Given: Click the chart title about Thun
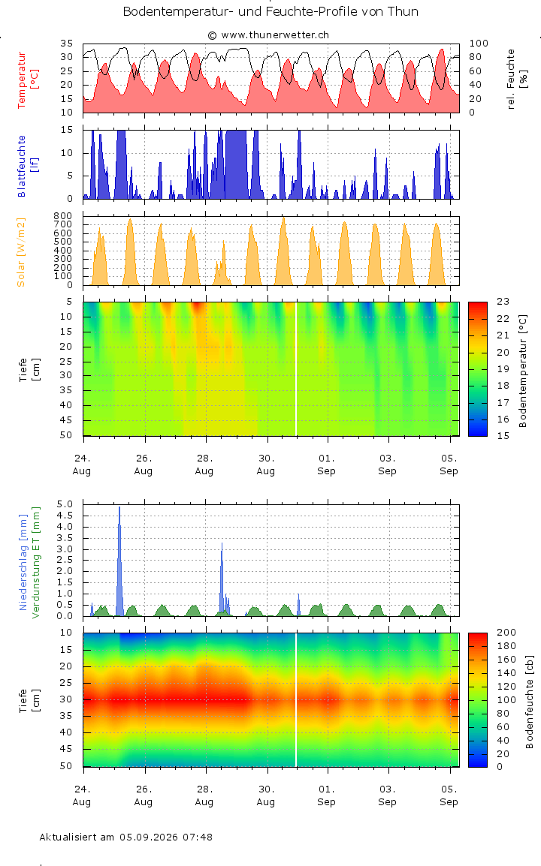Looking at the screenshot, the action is pyautogui.click(x=270, y=11).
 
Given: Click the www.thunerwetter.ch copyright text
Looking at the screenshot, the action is pyautogui.click(x=268, y=35).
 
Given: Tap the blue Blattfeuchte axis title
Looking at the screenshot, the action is pyautogui.click(x=28, y=166).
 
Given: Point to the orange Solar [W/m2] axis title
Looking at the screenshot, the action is pyautogui.click(x=21, y=252).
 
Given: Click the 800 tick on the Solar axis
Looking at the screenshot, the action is pyautogui.click(x=63, y=216).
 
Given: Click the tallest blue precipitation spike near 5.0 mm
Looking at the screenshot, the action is pyautogui.click(x=119, y=561).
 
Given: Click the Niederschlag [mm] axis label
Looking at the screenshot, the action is pyautogui.click(x=23, y=562).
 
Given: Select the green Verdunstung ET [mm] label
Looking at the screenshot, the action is pyautogui.click(x=36, y=562).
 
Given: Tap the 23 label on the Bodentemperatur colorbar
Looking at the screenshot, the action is pyautogui.click(x=503, y=302).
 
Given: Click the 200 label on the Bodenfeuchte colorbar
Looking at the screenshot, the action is pyautogui.click(x=506, y=633).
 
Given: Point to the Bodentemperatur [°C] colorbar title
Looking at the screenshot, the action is pyautogui.click(x=523, y=371).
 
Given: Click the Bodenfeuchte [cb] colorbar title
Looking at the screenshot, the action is pyautogui.click(x=530, y=702).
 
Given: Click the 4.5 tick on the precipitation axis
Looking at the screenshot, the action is pyautogui.click(x=65, y=516).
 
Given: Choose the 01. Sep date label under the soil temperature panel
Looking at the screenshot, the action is pyautogui.click(x=326, y=465).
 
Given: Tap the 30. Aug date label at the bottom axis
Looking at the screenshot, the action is pyautogui.click(x=265, y=795).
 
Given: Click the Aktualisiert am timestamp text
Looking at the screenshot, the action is pyautogui.click(x=126, y=837).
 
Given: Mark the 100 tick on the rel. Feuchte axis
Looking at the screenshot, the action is pyautogui.click(x=479, y=44).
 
